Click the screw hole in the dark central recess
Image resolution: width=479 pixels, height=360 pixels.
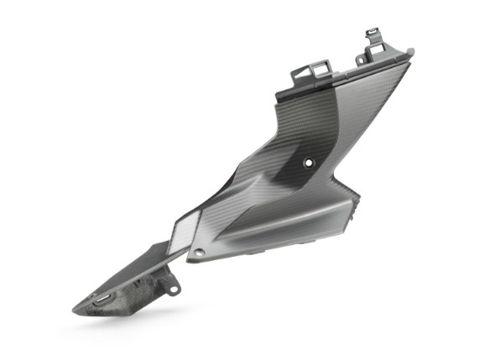click(x=308, y=160)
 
